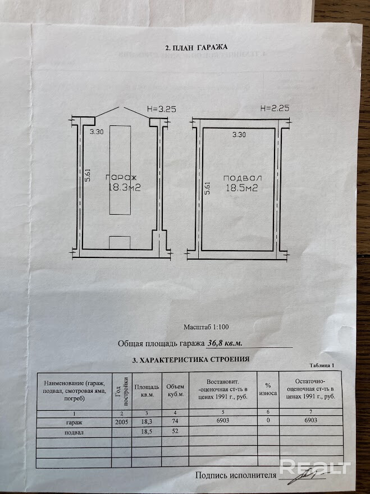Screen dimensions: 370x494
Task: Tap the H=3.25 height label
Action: click(x=161, y=109)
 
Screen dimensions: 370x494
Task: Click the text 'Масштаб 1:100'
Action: click(x=207, y=327)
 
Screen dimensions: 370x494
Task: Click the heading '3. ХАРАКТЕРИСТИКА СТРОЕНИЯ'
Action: click(x=189, y=359)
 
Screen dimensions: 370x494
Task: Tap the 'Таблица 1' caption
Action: click(x=321, y=365)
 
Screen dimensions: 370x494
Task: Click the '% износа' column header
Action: click(x=268, y=389)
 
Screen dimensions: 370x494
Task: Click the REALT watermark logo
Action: click(x=315, y=466)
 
